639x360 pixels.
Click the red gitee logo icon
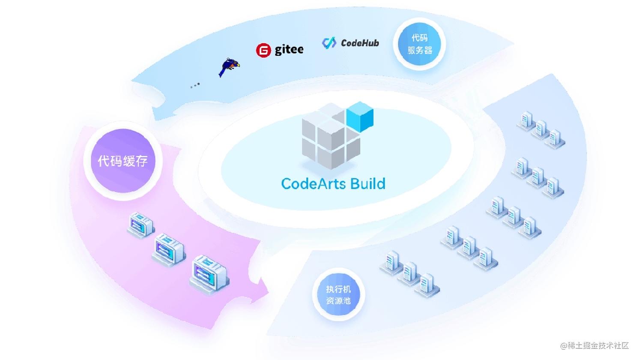click(x=263, y=51)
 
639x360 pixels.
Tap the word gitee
click(x=289, y=50)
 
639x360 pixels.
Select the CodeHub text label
click(x=360, y=43)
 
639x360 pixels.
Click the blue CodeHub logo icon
click(x=329, y=43)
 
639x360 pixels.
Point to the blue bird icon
click(x=229, y=67)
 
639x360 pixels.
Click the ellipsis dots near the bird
click(x=195, y=86)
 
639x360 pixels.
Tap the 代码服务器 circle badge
click(x=419, y=44)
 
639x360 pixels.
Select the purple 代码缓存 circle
click(x=122, y=161)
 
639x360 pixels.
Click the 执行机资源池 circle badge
click(x=338, y=295)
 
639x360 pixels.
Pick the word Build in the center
click(x=367, y=183)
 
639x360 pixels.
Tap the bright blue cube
click(x=360, y=117)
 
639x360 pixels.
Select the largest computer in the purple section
click(x=209, y=273)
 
